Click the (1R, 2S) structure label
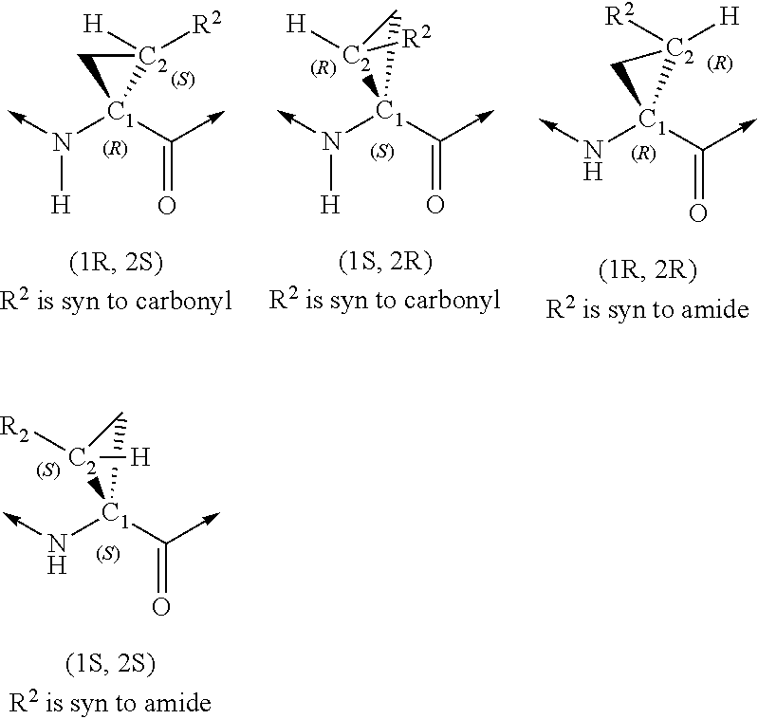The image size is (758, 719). pos(116,263)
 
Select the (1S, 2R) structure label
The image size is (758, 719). pos(385,263)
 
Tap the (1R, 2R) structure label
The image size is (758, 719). pos(648,270)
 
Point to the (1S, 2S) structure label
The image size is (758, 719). pos(111,664)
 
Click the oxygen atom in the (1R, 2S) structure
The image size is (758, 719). pos(167,205)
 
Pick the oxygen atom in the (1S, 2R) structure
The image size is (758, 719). pos(435,204)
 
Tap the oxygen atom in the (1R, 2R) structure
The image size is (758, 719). pos(698,212)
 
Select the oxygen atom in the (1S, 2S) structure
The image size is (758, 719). pos(161,607)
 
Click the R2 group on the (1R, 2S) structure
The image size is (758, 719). pos(208,24)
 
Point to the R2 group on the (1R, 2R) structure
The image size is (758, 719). pos(619,15)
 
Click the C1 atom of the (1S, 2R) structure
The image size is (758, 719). pos(389,113)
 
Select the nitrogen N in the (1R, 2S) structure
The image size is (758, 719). pos(62,142)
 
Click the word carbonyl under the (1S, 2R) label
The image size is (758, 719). pos(452,300)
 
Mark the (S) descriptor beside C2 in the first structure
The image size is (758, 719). pos(183,80)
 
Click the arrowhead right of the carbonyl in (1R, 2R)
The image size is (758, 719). pos(749,123)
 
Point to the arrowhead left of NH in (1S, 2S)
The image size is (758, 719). pos(12,518)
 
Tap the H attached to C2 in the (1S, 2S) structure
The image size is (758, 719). pos(140,456)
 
